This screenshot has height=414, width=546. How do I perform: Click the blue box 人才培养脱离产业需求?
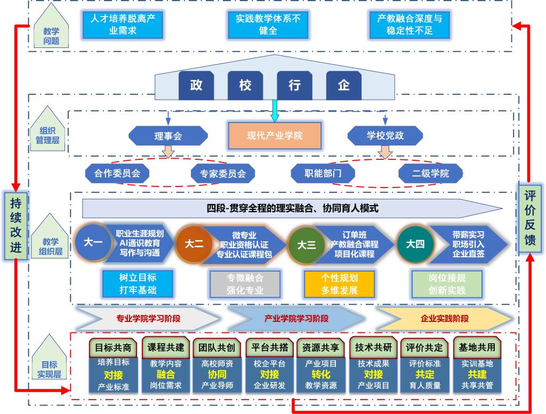(x=123, y=25)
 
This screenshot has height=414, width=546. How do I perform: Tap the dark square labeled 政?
(x=196, y=85)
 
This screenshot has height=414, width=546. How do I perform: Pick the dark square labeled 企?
(x=344, y=85)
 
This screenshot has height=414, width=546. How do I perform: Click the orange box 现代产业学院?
(x=275, y=136)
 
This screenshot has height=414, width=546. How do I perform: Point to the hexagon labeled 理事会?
(x=168, y=136)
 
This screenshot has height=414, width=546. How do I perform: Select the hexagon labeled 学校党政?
(x=385, y=136)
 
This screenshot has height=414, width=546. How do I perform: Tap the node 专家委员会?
(x=223, y=173)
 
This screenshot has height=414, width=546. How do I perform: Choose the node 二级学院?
(x=430, y=173)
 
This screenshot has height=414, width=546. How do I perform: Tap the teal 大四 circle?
(x=415, y=244)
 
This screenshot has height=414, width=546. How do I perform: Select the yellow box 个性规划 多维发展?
(x=339, y=285)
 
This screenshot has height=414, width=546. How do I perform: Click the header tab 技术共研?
(x=373, y=347)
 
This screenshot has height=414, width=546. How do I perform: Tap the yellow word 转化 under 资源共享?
(x=321, y=374)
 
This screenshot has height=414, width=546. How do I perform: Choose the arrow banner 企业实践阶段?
(x=444, y=319)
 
